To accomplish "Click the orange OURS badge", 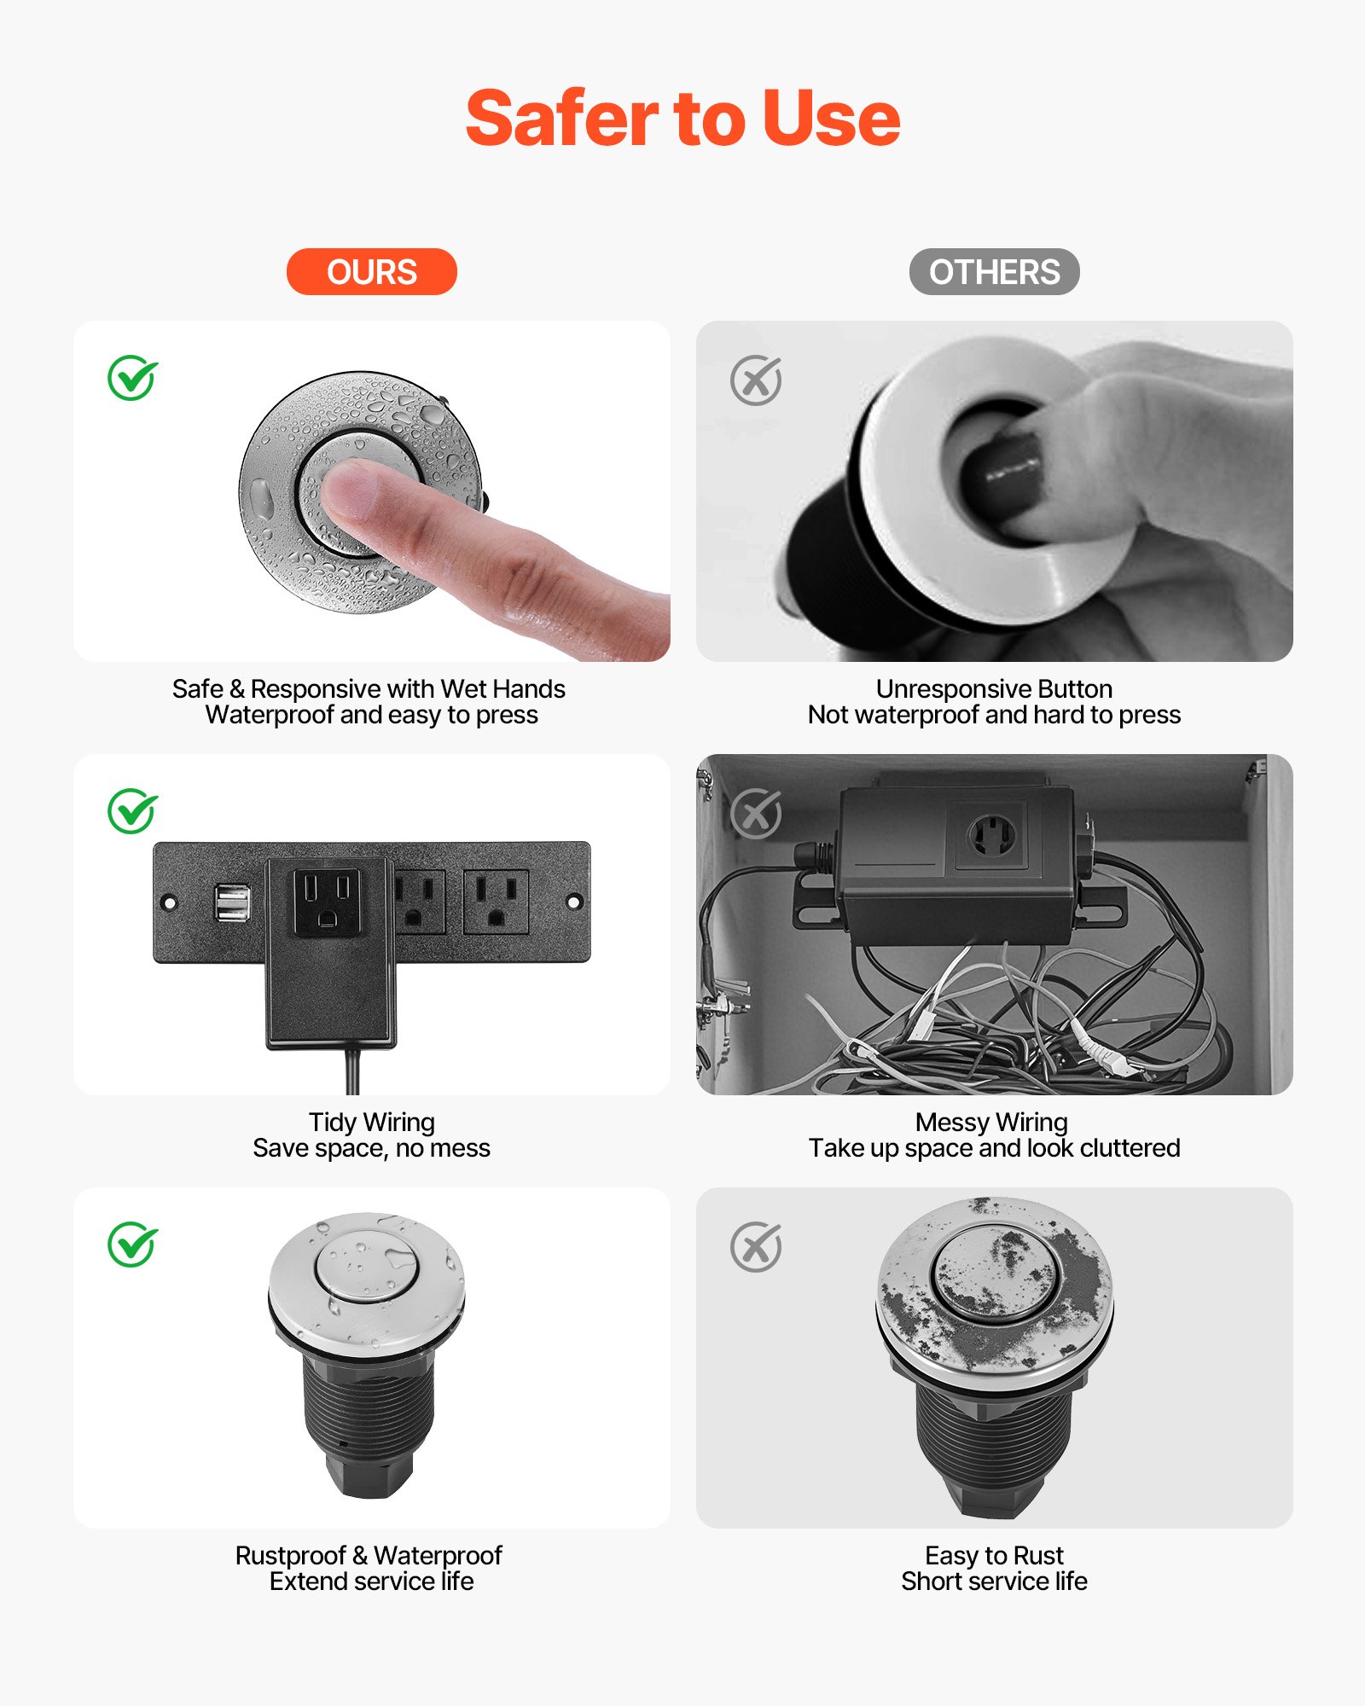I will tap(371, 272).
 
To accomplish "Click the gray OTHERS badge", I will tap(994, 272).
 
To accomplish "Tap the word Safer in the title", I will tap(561, 119).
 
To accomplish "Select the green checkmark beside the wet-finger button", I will tap(132, 378).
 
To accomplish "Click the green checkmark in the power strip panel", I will tap(132, 811).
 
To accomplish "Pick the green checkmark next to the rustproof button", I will tap(132, 1245).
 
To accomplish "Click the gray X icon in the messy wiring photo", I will tap(756, 814).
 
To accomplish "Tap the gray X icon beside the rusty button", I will tap(756, 1247).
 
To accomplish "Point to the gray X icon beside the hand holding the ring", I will tap(756, 380).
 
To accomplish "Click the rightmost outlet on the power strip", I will tap(496, 902).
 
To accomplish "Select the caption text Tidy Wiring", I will tap(371, 1122).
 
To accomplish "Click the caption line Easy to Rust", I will tap(994, 1555).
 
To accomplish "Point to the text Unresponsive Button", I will tap(994, 688).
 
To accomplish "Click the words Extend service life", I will tap(371, 1581).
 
